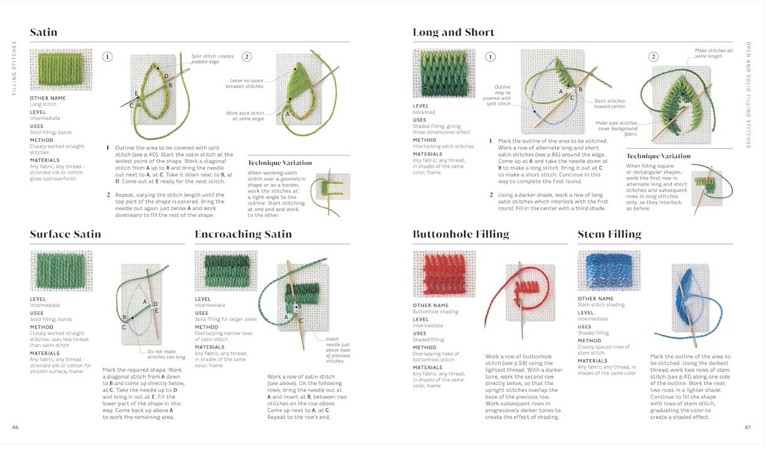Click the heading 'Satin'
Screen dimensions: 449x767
coord(43,33)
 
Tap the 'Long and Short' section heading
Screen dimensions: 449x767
coord(453,33)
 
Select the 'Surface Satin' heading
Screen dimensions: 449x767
coord(65,234)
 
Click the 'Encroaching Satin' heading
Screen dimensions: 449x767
coord(243,234)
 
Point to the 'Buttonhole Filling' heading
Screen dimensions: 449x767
coord(460,234)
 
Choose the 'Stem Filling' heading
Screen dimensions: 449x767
coord(609,234)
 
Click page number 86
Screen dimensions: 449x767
coord(15,428)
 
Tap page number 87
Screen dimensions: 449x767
coord(748,428)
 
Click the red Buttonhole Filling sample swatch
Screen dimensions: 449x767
coord(443,274)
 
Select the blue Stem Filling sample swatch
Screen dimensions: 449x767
coord(608,271)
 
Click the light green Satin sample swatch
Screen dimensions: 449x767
coord(60,70)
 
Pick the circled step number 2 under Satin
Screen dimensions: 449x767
coord(247,57)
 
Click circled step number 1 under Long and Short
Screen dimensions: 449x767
coord(491,57)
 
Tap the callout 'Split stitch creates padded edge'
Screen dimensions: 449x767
coord(212,58)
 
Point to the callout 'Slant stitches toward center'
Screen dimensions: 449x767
coord(609,103)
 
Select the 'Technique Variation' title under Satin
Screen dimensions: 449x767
coord(280,163)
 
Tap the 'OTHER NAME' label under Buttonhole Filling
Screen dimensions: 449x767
coord(430,306)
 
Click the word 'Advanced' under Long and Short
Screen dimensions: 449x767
coord(424,112)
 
